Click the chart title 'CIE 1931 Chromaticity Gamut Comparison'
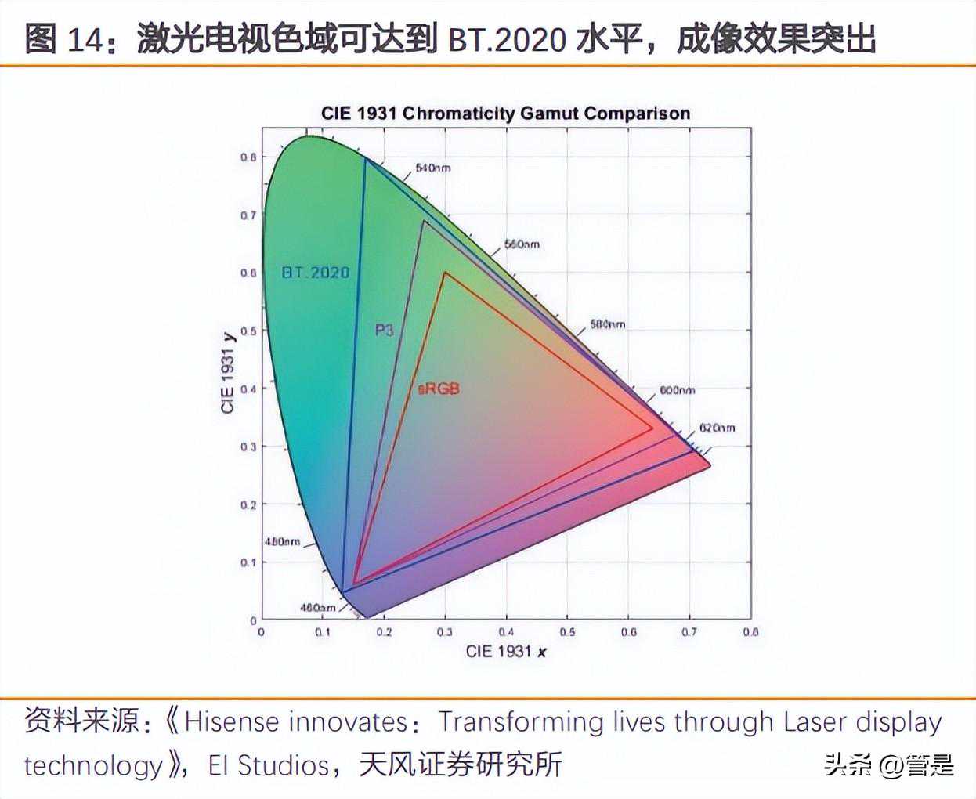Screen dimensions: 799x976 click(505, 113)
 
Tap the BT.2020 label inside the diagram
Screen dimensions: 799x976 click(316, 273)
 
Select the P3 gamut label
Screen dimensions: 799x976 click(384, 330)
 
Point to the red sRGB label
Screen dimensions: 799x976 click(439, 389)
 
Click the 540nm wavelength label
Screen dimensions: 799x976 click(432, 168)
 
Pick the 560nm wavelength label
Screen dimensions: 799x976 click(521, 244)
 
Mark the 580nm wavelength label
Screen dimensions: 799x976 click(607, 324)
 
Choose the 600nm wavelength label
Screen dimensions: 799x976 click(677, 390)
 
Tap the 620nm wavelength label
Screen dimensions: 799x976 click(717, 428)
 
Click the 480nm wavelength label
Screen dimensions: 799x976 click(282, 541)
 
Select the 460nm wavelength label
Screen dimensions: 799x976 click(317, 608)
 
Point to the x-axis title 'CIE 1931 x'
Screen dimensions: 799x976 click(506, 651)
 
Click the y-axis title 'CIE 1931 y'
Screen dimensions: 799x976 click(228, 373)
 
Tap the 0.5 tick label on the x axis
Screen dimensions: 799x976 click(568, 631)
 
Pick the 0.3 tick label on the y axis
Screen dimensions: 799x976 click(248, 446)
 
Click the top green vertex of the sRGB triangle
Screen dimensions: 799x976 click(444, 273)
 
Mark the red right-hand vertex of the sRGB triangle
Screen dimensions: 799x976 click(652, 428)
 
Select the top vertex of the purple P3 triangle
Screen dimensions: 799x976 click(424, 221)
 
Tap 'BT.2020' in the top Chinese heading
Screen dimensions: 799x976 click(507, 39)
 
